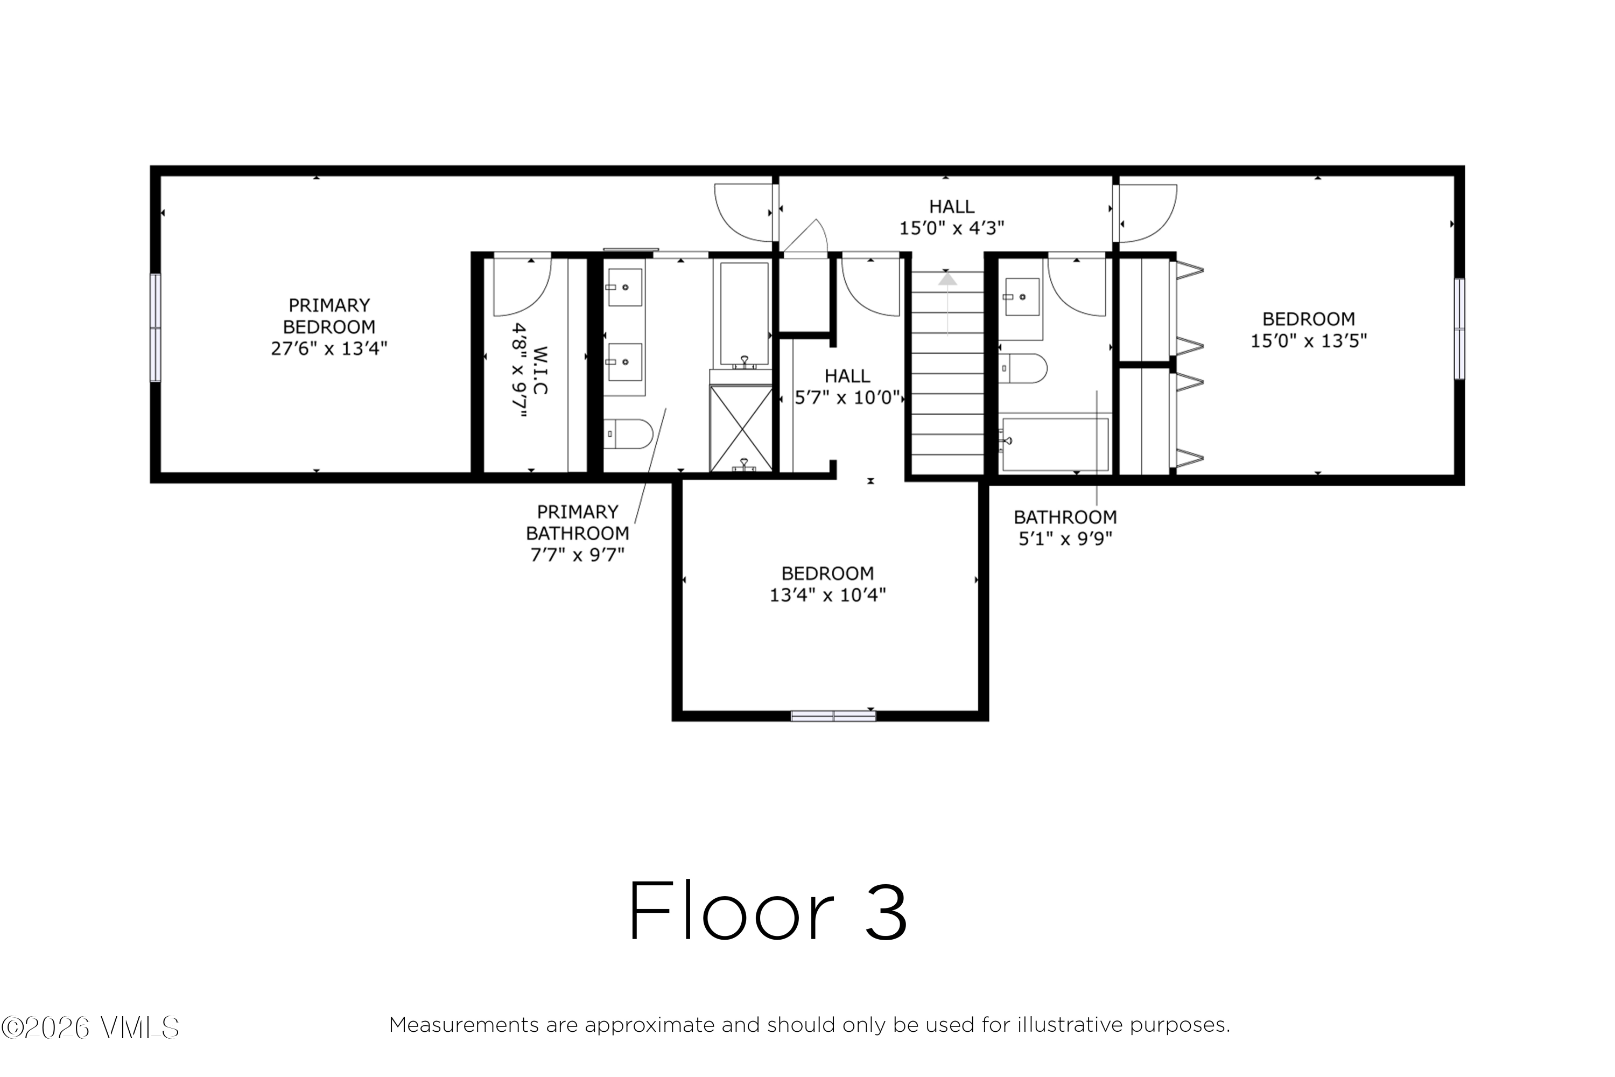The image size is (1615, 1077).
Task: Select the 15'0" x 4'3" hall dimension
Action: pyautogui.click(x=952, y=228)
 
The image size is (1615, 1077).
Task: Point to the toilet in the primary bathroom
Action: pyautogui.click(x=628, y=434)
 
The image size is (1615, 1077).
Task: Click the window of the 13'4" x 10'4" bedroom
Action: pyautogui.click(x=833, y=716)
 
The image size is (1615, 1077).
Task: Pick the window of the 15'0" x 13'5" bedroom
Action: pyautogui.click(x=1459, y=328)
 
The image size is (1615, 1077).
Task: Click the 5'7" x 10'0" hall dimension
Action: pyautogui.click(x=847, y=398)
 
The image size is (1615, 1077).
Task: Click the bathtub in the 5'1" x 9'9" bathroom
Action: pyautogui.click(x=1055, y=444)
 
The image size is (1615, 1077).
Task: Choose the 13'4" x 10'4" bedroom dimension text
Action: pyautogui.click(x=827, y=595)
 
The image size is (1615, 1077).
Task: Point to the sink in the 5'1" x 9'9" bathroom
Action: pyautogui.click(x=1022, y=297)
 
